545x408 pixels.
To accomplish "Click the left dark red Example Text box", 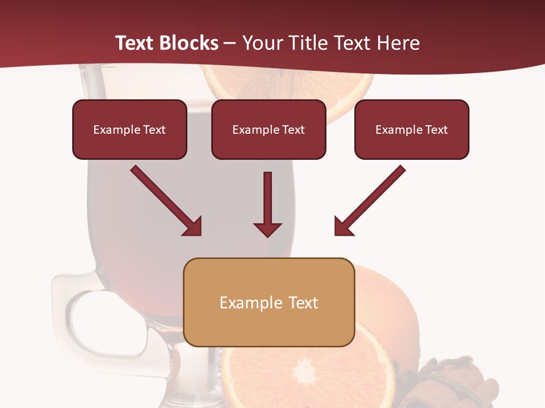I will pyautogui.click(x=129, y=129).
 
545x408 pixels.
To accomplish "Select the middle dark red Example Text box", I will pyautogui.click(x=269, y=129).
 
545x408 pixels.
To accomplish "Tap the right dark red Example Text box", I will pyautogui.click(x=412, y=129).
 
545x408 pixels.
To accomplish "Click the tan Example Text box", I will pyautogui.click(x=269, y=302).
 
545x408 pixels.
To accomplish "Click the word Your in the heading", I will pyautogui.click(x=262, y=43).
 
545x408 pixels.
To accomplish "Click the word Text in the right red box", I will pyautogui.click(x=436, y=129).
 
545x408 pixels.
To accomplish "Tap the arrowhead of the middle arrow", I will pyautogui.click(x=267, y=229).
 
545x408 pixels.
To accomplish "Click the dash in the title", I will pyautogui.click(x=230, y=43).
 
